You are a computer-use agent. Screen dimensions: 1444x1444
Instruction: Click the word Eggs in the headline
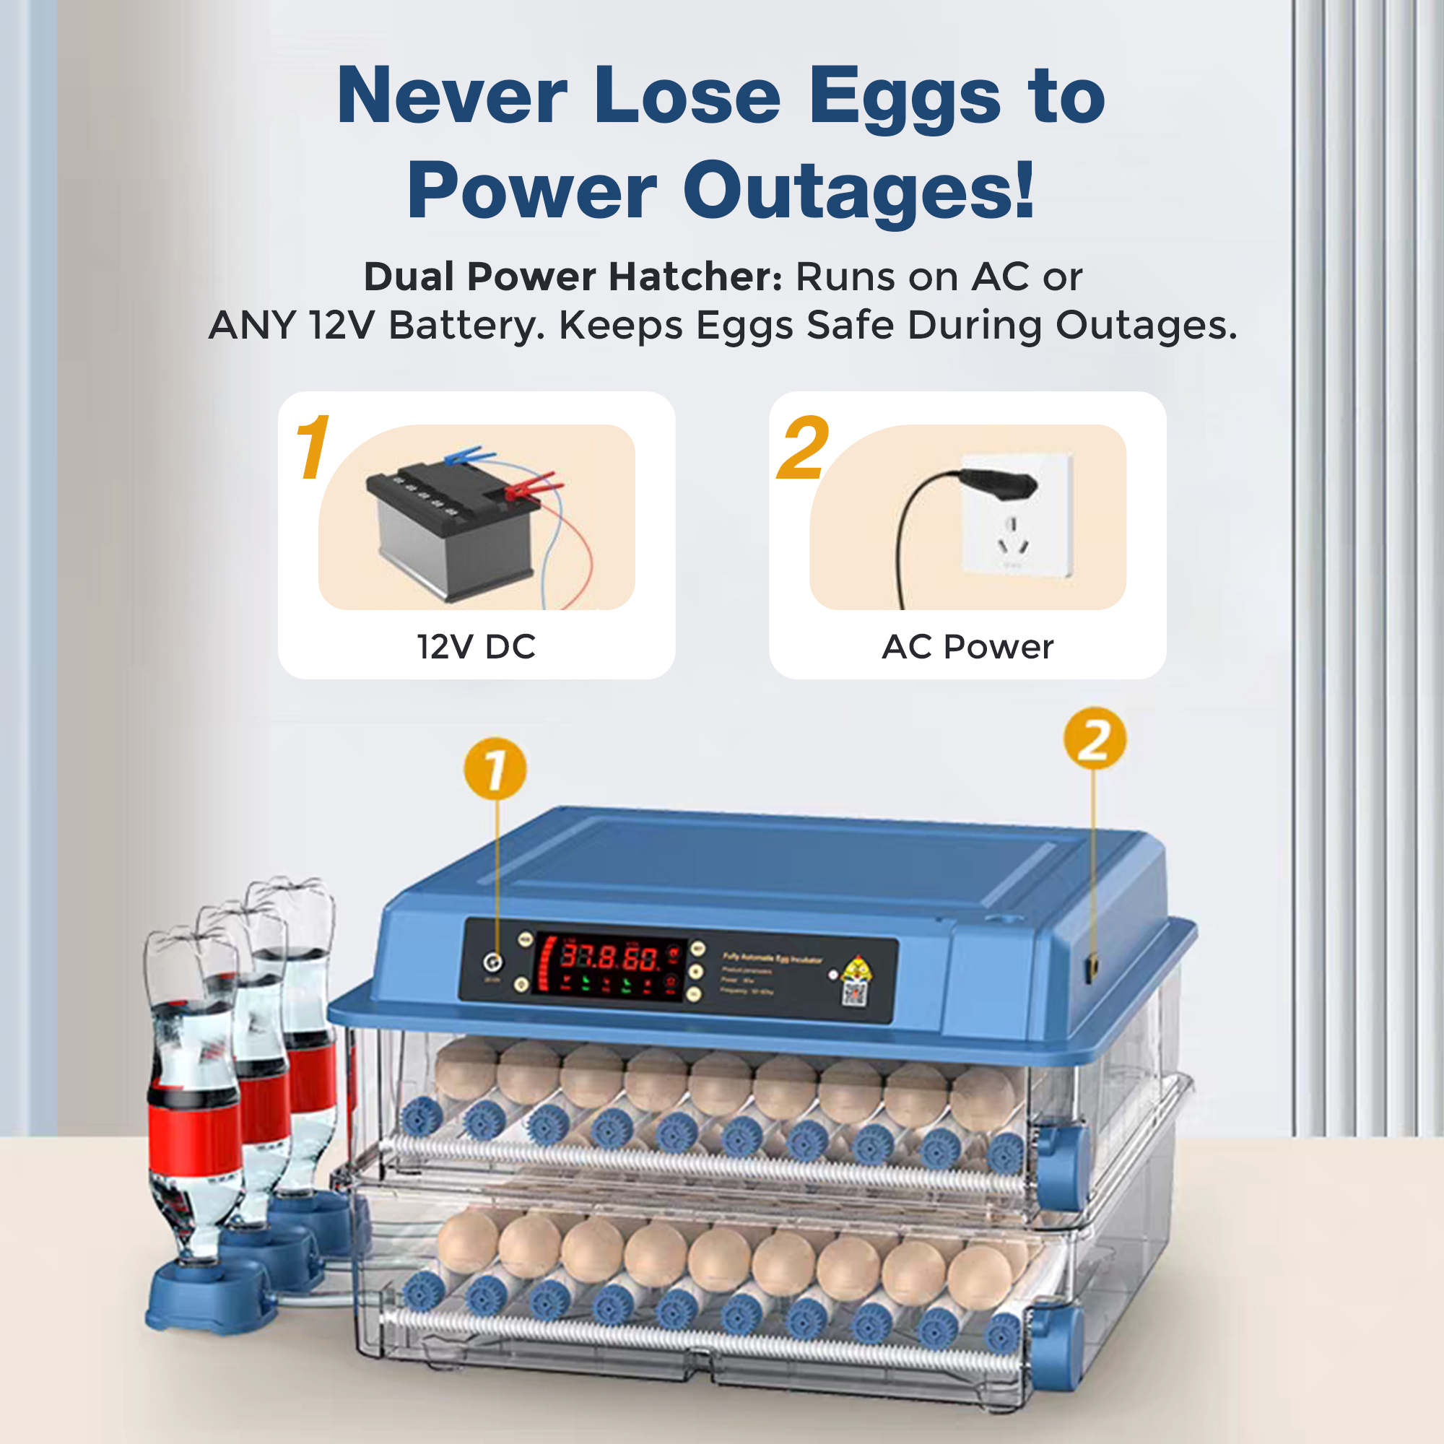pos(905,97)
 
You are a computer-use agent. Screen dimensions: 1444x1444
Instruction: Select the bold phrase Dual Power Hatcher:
pos(573,277)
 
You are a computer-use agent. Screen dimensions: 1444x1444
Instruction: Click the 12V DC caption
pos(476,646)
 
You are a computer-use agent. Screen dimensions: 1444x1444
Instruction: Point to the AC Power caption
pos(967,646)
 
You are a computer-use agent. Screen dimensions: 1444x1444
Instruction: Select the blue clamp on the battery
pos(466,454)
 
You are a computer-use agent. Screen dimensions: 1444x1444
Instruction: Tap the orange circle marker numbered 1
pos(495,768)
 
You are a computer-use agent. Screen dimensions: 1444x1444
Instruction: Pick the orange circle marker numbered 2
pos(1095,739)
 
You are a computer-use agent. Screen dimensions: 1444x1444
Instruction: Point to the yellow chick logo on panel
pos(856,969)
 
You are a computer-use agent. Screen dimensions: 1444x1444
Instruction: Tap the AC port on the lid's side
pos(1092,969)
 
